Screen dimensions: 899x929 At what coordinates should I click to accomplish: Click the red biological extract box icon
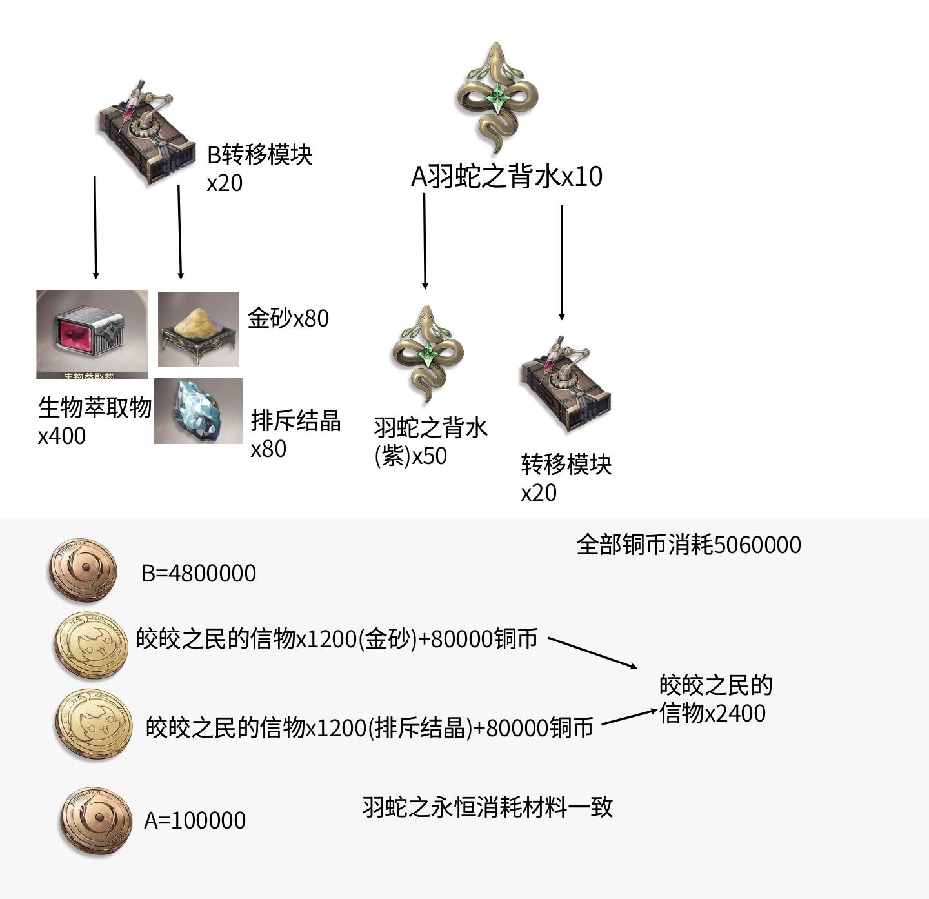(91, 333)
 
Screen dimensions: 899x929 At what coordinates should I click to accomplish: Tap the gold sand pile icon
(198, 329)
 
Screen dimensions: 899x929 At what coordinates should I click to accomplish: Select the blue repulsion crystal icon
(198, 410)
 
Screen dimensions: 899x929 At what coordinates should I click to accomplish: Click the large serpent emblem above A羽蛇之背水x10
(496, 97)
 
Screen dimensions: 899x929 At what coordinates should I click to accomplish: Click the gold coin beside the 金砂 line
(91, 645)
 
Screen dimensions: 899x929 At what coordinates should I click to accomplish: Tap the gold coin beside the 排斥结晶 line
(94, 723)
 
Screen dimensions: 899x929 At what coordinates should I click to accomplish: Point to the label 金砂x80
(288, 318)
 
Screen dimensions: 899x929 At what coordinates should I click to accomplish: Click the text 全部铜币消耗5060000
(688, 545)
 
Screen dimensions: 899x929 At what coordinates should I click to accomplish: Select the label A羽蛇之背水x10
(506, 176)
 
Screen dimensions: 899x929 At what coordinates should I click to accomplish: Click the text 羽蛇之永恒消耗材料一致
(487, 807)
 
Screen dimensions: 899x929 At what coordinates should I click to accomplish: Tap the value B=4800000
(199, 573)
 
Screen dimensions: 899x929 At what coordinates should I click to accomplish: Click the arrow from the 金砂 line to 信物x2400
(592, 652)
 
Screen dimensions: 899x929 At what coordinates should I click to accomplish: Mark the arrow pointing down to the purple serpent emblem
(425, 240)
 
